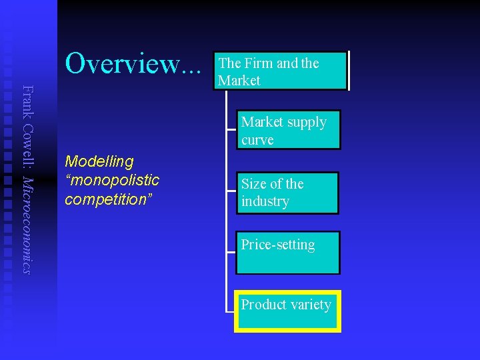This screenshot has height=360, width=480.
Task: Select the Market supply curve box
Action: (287, 130)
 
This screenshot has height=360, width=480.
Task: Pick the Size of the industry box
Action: (287, 193)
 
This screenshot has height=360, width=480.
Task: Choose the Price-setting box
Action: (287, 253)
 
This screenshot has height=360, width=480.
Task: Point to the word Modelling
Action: (99, 161)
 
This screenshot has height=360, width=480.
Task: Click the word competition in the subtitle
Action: (107, 199)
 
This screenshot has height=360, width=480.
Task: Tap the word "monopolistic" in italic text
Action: (112, 180)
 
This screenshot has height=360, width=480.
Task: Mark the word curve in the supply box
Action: (257, 140)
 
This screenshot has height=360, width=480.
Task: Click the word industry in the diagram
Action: (265, 201)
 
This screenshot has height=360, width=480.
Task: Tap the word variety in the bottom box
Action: (309, 305)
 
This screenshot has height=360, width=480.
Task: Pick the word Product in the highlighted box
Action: (263, 305)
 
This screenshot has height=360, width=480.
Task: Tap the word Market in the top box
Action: (239, 81)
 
